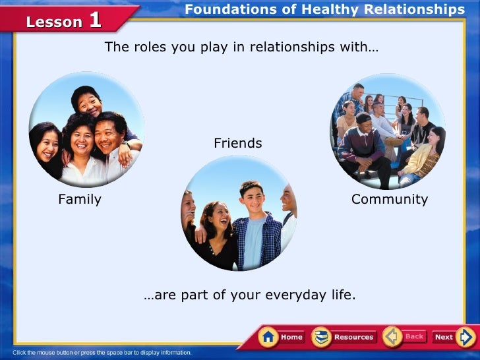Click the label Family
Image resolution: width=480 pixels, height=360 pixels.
pyautogui.click(x=80, y=199)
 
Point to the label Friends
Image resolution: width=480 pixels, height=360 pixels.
pyautogui.click(x=238, y=143)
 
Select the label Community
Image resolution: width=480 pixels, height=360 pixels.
pyautogui.click(x=390, y=199)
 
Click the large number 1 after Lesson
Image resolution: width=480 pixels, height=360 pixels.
pyautogui.click(x=95, y=20)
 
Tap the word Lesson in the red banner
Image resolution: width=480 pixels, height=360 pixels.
pyautogui.click(x=54, y=22)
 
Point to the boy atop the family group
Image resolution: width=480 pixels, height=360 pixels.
pyautogui.click(x=88, y=102)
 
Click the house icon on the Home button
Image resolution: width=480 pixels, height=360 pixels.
pyautogui.click(x=268, y=337)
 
